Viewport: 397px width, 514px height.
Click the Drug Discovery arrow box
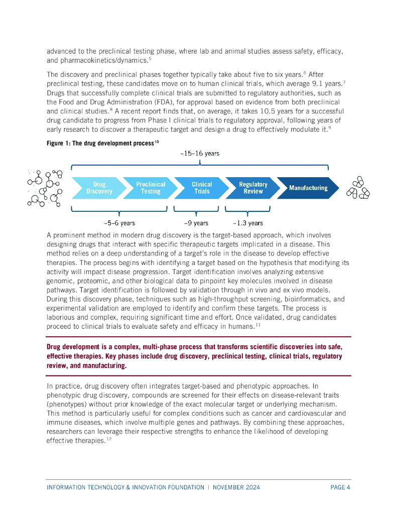click(x=99, y=188)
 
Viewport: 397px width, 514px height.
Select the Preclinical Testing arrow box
click(x=150, y=188)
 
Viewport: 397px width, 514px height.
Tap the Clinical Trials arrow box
click(x=202, y=188)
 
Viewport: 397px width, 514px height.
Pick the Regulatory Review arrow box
click(x=253, y=188)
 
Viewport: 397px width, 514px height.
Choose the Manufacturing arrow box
click(x=308, y=188)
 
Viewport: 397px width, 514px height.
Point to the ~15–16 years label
click(x=200, y=154)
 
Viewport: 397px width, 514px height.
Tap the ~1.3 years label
click(x=247, y=223)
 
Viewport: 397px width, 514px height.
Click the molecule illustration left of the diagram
click(x=45, y=188)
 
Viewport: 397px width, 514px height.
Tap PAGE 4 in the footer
click(x=340, y=487)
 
